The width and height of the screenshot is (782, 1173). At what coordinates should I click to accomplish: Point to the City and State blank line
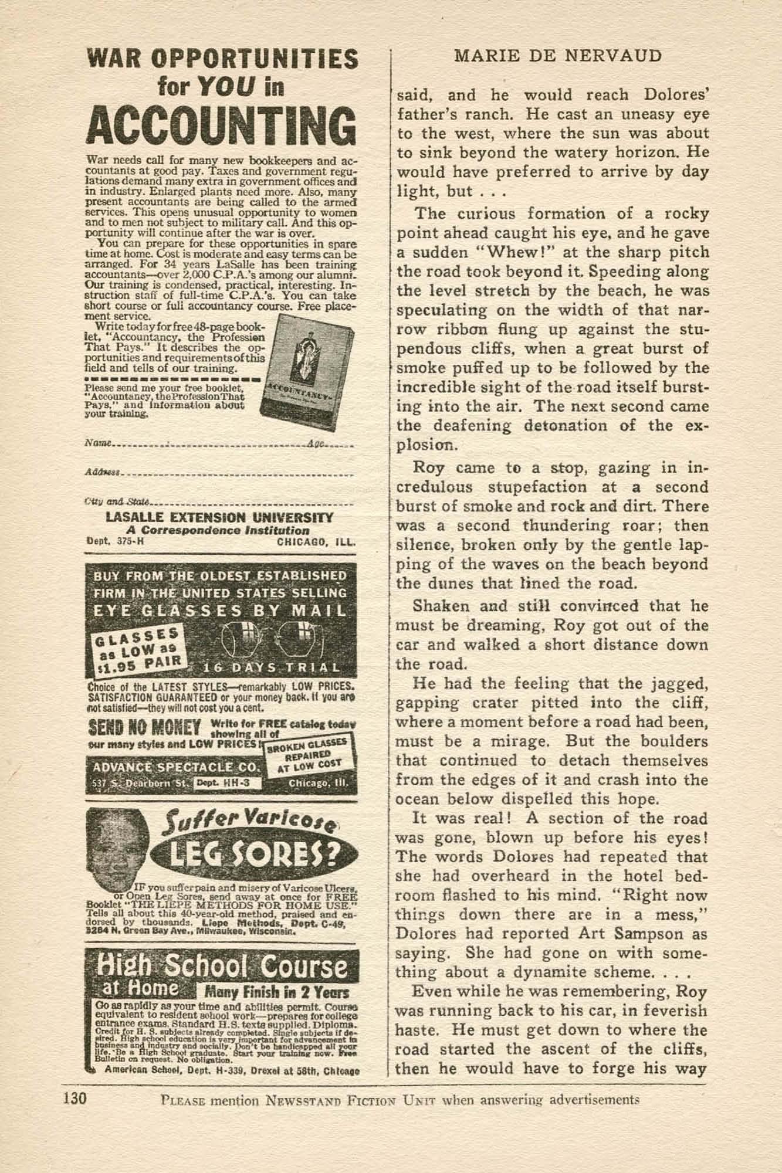pyautogui.click(x=252, y=503)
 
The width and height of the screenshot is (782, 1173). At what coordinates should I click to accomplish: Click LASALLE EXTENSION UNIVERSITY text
pyautogui.click(x=219, y=518)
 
